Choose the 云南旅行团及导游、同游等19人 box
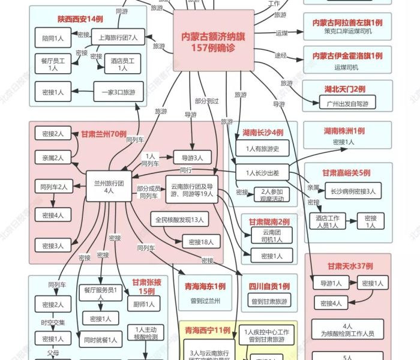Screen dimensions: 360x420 pyautogui.click(x=192, y=190)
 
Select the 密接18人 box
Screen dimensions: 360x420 pyautogui.click(x=201, y=241)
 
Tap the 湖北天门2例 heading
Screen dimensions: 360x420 pyautogui.click(x=345, y=89)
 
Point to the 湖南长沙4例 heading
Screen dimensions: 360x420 pyautogui.click(x=263, y=133)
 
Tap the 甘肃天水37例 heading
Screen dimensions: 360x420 pyautogui.click(x=350, y=266)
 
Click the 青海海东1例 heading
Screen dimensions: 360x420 pyautogui.click(x=205, y=287)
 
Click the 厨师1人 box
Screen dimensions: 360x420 pyautogui.click(x=142, y=304)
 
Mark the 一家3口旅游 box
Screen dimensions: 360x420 pyautogui.click(x=118, y=92)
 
